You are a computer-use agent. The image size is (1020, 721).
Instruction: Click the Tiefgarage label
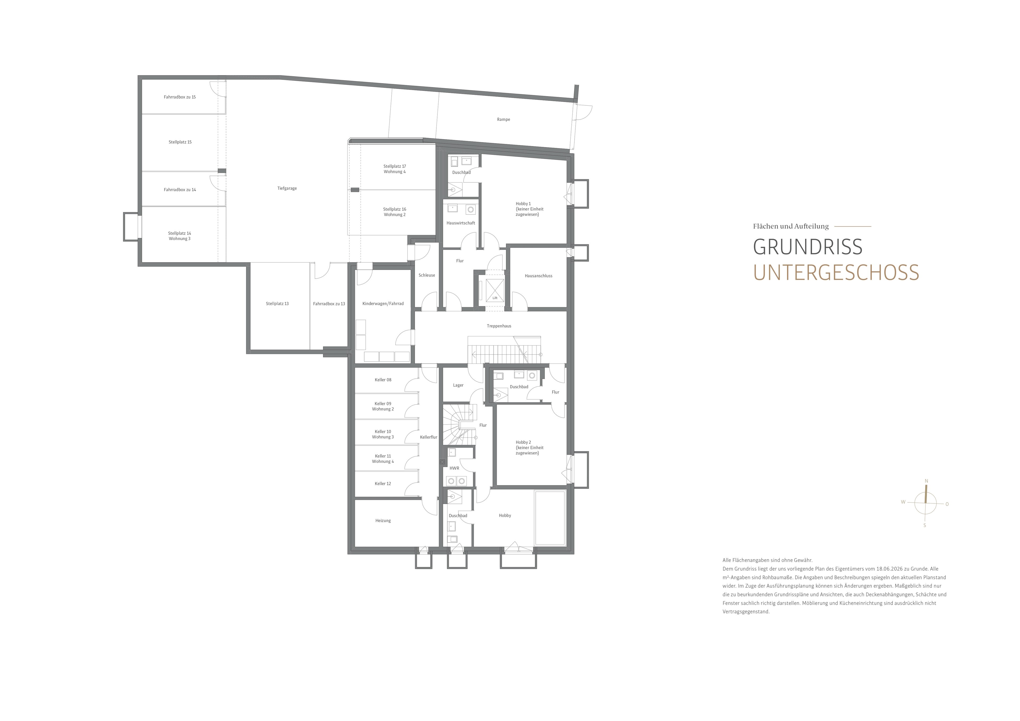(x=287, y=188)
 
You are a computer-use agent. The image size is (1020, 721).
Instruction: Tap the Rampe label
(x=503, y=120)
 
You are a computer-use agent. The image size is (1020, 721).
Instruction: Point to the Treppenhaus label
(x=499, y=326)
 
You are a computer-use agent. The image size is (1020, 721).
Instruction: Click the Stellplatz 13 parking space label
(x=277, y=304)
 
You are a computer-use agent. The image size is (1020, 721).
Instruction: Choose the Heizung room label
(x=383, y=521)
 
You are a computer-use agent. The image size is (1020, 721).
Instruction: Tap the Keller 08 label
(x=383, y=380)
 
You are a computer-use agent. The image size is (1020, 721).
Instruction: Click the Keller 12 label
(x=383, y=484)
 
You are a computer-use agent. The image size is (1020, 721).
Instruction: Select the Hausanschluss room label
(x=538, y=276)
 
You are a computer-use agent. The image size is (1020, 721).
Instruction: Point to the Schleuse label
(x=427, y=275)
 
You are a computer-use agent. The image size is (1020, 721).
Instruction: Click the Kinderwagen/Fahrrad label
(x=383, y=304)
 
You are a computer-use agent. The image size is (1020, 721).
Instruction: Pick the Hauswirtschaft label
(x=461, y=223)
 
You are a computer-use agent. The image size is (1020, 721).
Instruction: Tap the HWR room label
(x=454, y=468)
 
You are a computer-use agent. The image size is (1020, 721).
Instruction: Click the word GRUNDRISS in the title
(x=808, y=247)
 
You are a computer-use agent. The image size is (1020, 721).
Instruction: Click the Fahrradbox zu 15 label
(x=180, y=97)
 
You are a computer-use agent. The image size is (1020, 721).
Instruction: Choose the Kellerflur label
(x=428, y=437)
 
